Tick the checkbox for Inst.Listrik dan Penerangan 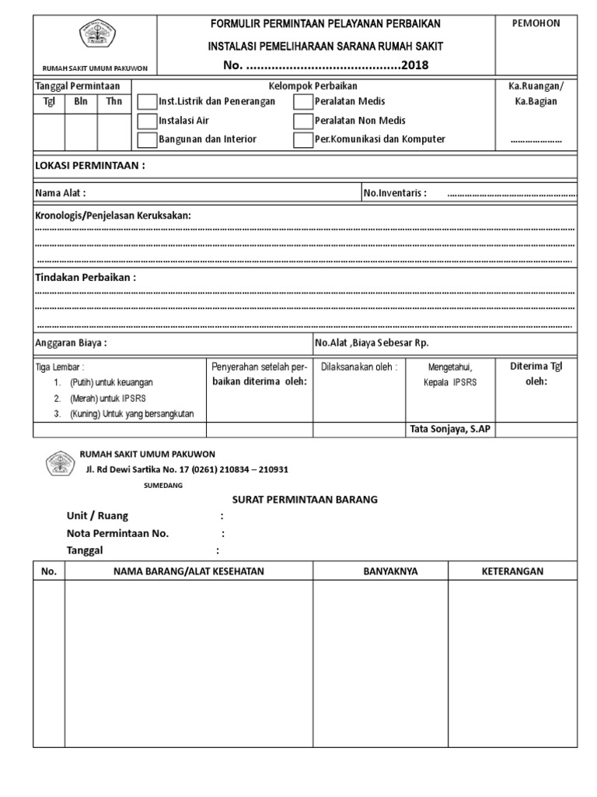(147, 102)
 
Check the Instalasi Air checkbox (147, 121)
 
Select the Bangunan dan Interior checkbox (147, 140)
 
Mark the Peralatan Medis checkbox (303, 102)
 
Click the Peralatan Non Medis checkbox (303, 121)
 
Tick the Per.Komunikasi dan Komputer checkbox (303, 140)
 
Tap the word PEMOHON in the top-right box (536, 23)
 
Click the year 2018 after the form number (414, 65)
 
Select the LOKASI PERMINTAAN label (90, 166)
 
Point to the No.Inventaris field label (395, 193)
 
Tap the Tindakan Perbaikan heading (86, 277)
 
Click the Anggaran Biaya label (71, 342)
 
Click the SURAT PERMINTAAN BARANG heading (305, 500)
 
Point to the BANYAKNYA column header (390, 571)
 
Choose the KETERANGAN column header (512, 571)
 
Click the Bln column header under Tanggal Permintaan (81, 101)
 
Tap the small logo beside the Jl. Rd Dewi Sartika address (59, 465)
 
